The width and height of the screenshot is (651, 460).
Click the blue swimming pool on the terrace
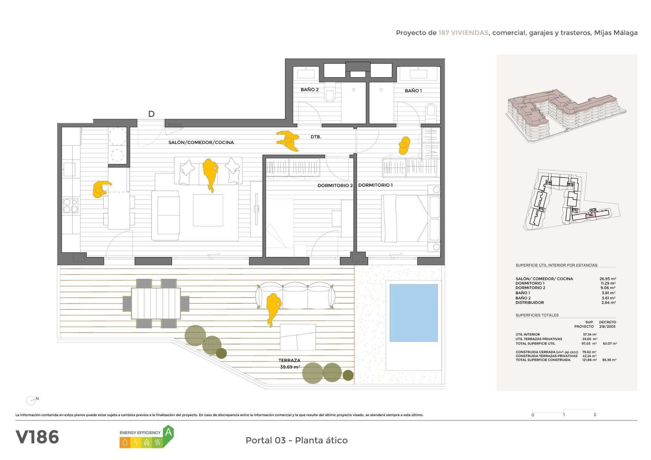tap(413, 313)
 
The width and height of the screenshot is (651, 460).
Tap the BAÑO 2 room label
tap(310, 90)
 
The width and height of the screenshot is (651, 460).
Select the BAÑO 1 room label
tap(413, 91)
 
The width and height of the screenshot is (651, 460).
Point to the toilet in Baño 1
tap(431, 111)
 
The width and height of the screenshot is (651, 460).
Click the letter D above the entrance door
tap(151, 114)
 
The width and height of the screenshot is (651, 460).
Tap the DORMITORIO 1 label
tap(375, 185)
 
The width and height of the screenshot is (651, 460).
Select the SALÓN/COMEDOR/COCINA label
tap(201, 142)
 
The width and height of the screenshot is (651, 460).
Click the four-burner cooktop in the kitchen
tap(71, 205)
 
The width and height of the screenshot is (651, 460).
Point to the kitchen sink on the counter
tap(70, 169)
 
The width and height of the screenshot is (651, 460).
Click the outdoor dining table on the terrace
tap(156, 303)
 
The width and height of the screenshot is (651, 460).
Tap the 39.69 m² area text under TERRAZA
tap(290, 367)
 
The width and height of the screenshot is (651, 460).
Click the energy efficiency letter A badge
tap(168, 433)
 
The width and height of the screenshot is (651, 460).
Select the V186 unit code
tap(37, 437)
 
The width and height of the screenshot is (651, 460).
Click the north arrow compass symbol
tap(31, 400)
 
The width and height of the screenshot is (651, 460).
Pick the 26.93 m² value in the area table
tap(607, 279)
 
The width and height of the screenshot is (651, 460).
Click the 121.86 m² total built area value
tap(589, 360)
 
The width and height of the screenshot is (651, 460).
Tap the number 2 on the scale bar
tap(595, 415)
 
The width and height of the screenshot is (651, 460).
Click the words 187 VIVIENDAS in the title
tap(463, 33)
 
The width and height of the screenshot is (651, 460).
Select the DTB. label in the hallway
tap(316, 137)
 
